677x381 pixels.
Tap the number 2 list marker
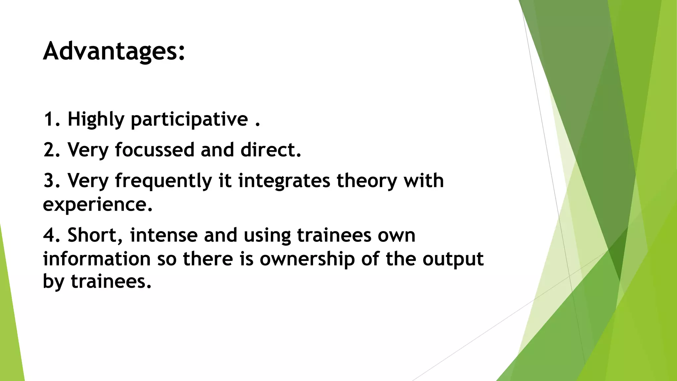tap(49, 150)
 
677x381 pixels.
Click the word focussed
tap(154, 150)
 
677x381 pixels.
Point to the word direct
tap(270, 150)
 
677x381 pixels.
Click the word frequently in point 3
tap(163, 181)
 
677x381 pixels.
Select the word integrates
tap(284, 181)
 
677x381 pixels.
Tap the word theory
tap(367, 181)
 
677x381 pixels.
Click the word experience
tap(97, 204)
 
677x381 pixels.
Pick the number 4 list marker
tap(49, 235)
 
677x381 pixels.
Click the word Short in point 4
tap(95, 235)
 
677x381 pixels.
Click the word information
tap(97, 259)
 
